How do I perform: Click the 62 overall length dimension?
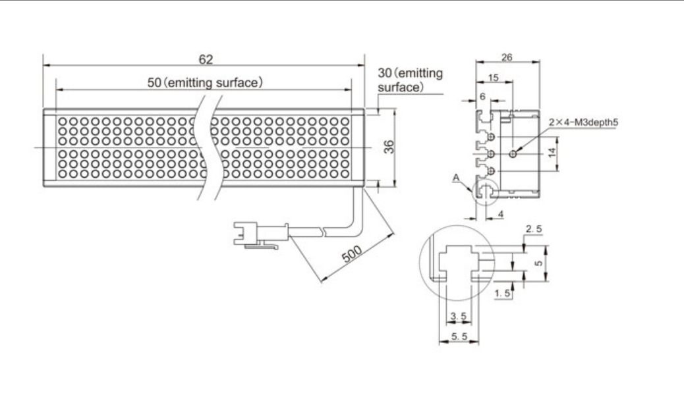(x=206, y=59)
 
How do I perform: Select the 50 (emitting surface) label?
(x=205, y=82)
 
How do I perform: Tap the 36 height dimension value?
(x=389, y=146)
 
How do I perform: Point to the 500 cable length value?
(x=352, y=254)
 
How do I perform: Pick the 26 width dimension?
(x=507, y=57)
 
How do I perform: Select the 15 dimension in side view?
(x=493, y=78)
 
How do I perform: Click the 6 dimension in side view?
(x=482, y=97)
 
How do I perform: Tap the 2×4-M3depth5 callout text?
(x=583, y=122)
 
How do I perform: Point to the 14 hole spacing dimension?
(x=552, y=153)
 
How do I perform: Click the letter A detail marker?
(x=456, y=177)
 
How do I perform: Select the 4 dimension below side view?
(x=500, y=214)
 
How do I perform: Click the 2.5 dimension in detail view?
(x=534, y=229)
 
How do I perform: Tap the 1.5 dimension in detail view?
(x=502, y=293)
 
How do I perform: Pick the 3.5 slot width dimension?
(x=458, y=316)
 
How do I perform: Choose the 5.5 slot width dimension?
(x=459, y=336)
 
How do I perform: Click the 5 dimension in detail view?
(x=539, y=263)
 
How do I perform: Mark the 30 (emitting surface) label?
(x=410, y=80)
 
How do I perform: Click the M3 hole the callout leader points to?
(x=513, y=153)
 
